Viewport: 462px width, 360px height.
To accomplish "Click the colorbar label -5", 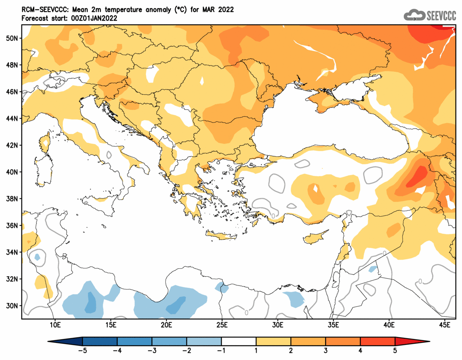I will (x=82, y=350).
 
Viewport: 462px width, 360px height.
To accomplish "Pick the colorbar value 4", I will (x=360, y=350).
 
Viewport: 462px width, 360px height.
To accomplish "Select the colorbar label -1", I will (x=221, y=350).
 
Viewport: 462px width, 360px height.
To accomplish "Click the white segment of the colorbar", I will (x=239, y=341).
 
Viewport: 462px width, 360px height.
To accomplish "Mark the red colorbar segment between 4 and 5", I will (x=378, y=341).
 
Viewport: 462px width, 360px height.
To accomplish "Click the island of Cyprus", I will (x=316, y=237).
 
